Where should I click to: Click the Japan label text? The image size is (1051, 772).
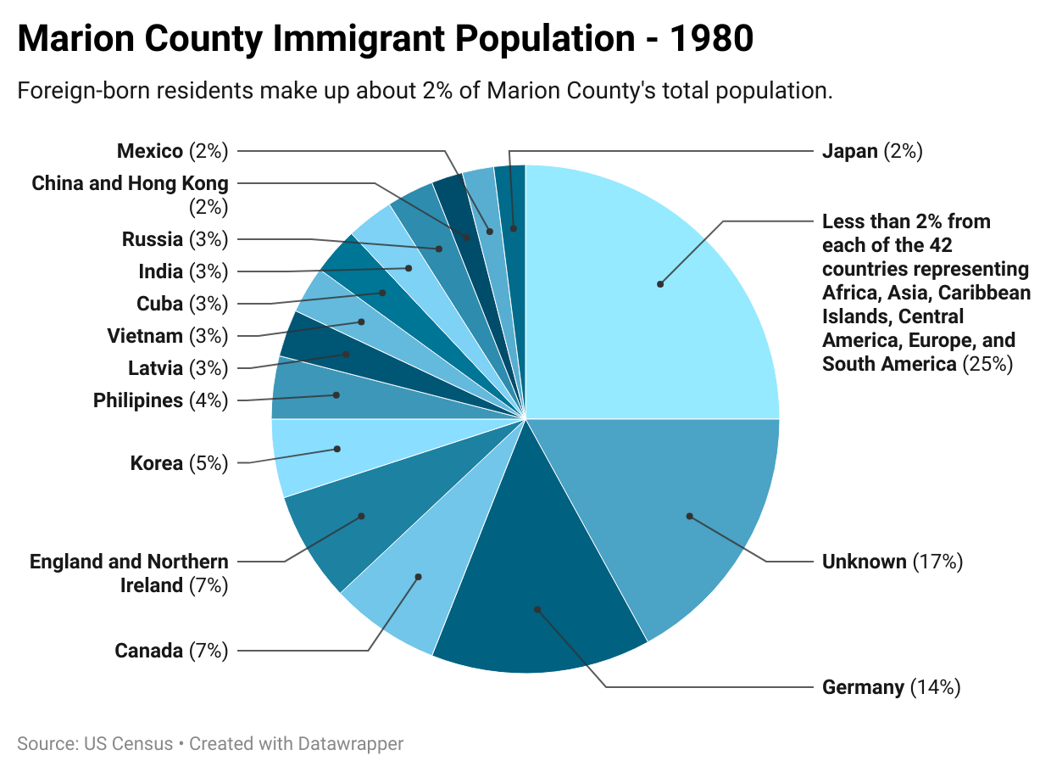[x=871, y=152]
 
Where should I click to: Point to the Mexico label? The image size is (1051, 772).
[x=173, y=152]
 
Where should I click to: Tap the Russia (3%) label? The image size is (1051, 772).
[x=175, y=240]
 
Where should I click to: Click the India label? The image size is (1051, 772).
[x=183, y=272]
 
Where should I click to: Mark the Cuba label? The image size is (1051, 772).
[x=181, y=305]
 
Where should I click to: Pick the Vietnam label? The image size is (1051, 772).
[x=167, y=337]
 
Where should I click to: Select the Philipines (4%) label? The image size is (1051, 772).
[x=160, y=401]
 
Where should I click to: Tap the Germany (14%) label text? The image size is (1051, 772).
[x=891, y=688]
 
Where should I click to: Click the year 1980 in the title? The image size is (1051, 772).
[x=711, y=40]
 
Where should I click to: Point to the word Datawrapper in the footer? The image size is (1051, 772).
[x=350, y=744]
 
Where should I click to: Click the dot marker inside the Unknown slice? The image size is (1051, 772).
[x=689, y=516]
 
